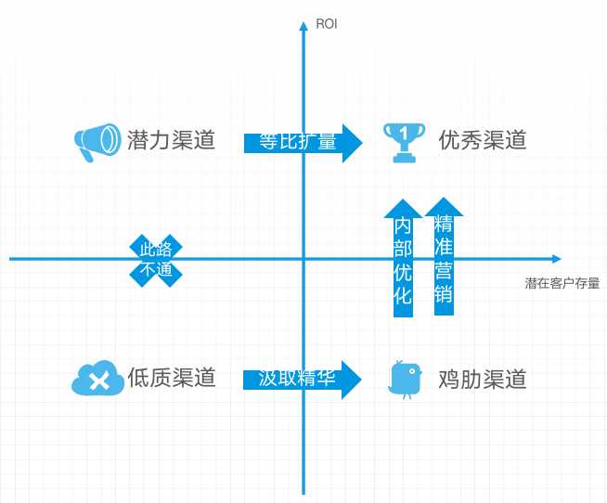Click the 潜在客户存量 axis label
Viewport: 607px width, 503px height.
point(562,284)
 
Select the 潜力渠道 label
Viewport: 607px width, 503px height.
point(171,140)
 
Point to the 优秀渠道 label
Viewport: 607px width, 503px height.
point(483,140)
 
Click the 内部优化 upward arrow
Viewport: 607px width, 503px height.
point(403,259)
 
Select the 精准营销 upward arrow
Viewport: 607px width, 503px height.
point(444,257)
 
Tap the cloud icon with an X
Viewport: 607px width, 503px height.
point(97,378)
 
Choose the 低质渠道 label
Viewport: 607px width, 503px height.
point(172,378)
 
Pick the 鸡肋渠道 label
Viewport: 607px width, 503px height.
point(483,379)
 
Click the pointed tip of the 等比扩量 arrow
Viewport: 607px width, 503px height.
point(360,142)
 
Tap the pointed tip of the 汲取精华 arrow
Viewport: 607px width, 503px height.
point(360,379)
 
